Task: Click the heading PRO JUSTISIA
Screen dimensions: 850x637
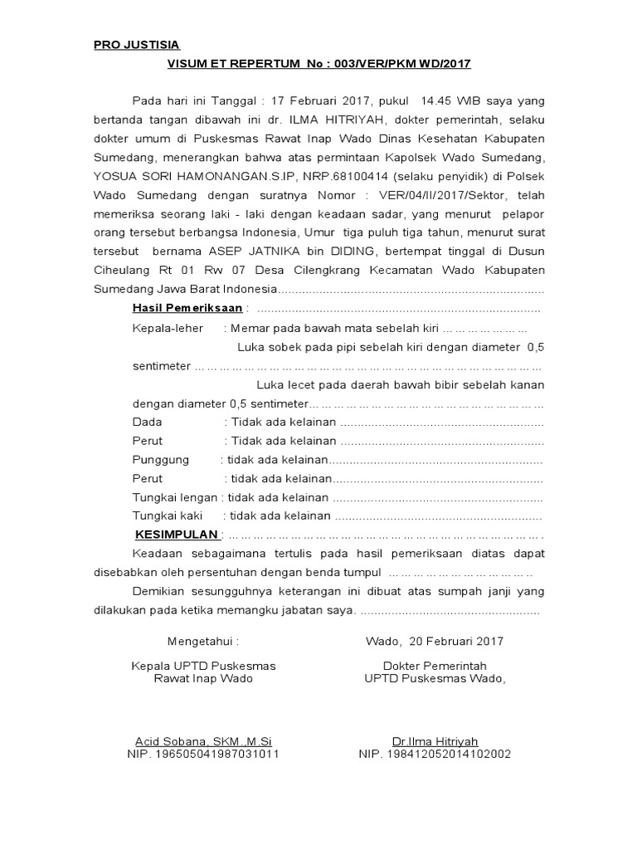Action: [136, 45]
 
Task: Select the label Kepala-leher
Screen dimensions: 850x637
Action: [168, 328]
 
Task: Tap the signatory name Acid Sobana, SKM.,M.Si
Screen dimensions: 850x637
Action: [203, 741]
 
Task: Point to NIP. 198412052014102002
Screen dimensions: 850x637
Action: [435, 755]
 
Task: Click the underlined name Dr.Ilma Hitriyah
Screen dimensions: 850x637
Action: [435, 741]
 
